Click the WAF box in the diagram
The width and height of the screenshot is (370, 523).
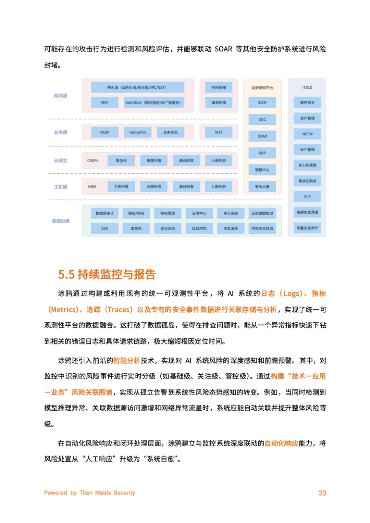[104, 102]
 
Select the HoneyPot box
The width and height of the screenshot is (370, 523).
[137, 132]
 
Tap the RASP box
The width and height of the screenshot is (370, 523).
[104, 132]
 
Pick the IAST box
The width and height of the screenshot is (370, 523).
[219, 132]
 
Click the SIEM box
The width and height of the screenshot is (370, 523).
[262, 102]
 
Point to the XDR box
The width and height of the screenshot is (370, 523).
[262, 153]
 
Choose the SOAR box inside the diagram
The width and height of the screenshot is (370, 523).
[262, 136]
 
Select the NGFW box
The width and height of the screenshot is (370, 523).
[307, 134]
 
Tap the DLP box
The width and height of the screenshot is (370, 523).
[307, 197]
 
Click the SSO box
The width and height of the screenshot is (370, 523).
[104, 228]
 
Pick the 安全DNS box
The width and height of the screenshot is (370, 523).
[168, 228]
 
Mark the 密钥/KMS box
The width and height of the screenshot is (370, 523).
[136, 213]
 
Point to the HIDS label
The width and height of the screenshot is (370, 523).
[92, 187]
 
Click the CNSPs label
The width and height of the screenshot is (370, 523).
[92, 161]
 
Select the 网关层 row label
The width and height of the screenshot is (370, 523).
[61, 96]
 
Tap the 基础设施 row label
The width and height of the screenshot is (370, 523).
[61, 221]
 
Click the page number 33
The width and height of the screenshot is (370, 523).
[322, 493]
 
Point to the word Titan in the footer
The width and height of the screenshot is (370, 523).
[86, 493]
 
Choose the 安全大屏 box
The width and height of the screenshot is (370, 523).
[262, 187]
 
